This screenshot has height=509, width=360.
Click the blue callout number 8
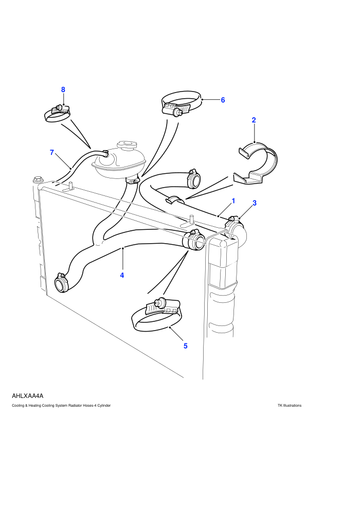coord(63,89)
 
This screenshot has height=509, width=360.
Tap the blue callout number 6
coord(223,100)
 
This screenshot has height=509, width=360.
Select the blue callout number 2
coord(254,120)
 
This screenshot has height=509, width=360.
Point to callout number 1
coord(233,201)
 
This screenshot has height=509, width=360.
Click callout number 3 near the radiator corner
coord(255,203)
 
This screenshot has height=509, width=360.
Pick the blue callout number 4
coord(122,275)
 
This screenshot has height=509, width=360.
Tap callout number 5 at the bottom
coord(185,346)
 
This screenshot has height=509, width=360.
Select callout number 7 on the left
coord(51,152)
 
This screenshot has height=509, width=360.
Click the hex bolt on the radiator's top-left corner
coord(37,180)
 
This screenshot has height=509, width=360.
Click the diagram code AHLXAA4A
coord(28,396)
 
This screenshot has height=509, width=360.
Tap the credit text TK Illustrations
coord(290,406)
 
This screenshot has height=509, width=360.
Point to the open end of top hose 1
coord(194,179)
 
